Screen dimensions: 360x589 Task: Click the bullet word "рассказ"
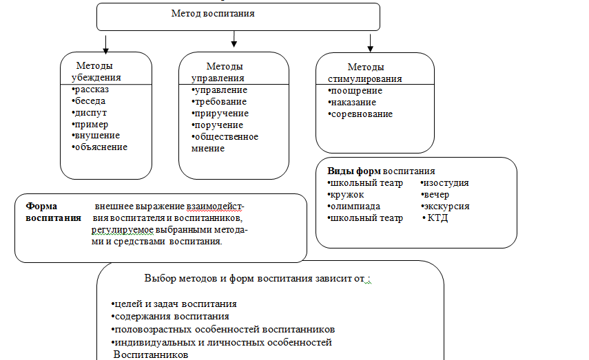92,89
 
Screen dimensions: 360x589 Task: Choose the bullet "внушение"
96,135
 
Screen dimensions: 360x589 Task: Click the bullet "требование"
220,101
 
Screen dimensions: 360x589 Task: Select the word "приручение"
222,113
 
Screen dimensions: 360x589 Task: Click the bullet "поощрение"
356,91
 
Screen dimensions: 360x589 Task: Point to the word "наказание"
353,102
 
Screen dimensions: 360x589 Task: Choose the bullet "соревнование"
361,114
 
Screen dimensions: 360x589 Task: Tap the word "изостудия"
446,183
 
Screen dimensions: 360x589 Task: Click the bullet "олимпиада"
355,206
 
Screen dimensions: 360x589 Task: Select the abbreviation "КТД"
439,218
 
